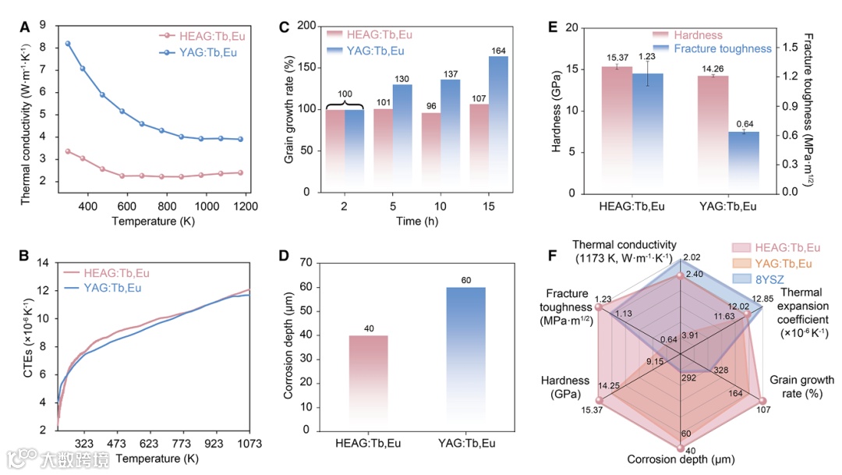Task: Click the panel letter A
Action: (x=25, y=27)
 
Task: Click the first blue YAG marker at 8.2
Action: (x=68, y=44)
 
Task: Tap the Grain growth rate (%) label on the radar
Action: (x=801, y=386)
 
